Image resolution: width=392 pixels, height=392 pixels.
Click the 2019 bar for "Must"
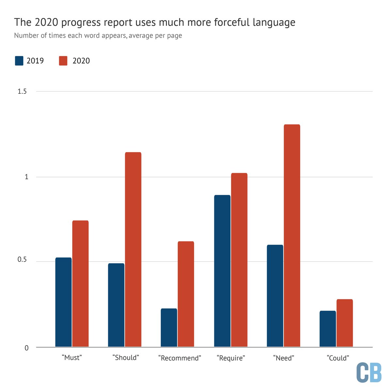pyautogui.click(x=63, y=302)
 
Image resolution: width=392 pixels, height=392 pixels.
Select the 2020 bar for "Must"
pyautogui.click(x=80, y=284)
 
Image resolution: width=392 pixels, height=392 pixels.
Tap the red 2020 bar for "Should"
pyautogui.click(x=133, y=249)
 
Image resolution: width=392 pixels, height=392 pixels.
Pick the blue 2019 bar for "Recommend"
pyautogui.click(x=169, y=327)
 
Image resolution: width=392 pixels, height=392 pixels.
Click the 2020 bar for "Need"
pyautogui.click(x=292, y=236)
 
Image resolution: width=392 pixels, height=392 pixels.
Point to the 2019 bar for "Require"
pyautogui.click(x=222, y=271)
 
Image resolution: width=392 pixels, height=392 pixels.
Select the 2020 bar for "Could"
pyautogui.click(x=345, y=323)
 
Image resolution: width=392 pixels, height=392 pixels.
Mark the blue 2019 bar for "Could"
pyautogui.click(x=328, y=329)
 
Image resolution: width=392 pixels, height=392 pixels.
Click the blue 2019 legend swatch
pyautogui.click(x=19, y=61)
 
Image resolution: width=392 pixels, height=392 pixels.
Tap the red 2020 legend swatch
pyautogui.click(x=63, y=61)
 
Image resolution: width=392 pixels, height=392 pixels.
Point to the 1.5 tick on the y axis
pyautogui.click(x=22, y=91)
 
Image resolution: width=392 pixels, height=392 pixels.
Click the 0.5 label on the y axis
pyautogui.click(x=22, y=260)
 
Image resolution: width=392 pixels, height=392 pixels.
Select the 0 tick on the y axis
pyautogui.click(x=26, y=348)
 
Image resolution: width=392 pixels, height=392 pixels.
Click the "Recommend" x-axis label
pyautogui.click(x=179, y=358)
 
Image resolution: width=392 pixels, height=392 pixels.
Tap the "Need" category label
pyautogui.click(x=284, y=358)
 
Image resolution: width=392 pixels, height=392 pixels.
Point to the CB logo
pyautogui.click(x=369, y=372)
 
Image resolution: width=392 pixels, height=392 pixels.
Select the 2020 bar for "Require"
pyautogui.click(x=239, y=260)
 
